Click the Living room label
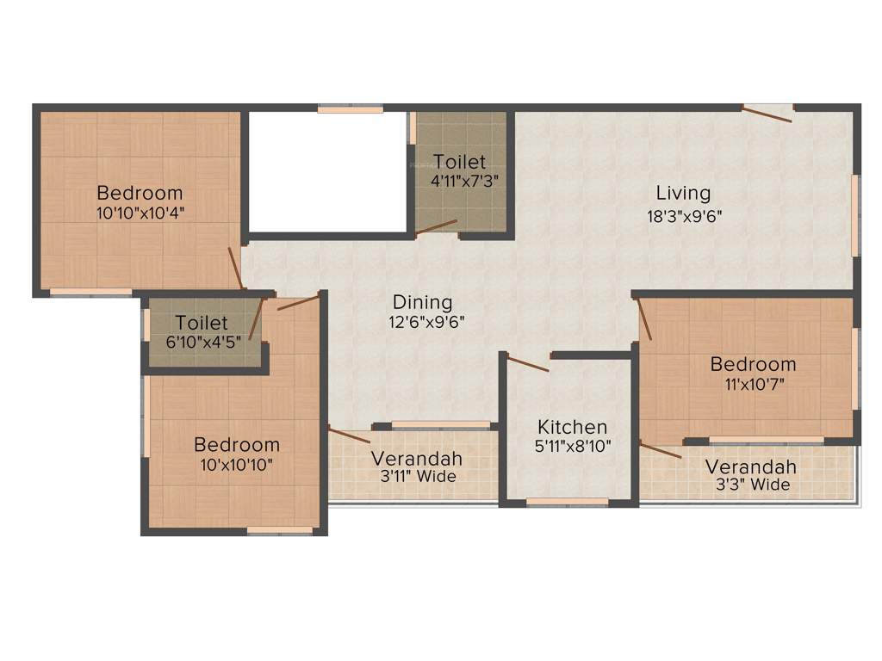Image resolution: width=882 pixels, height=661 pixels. [683, 193]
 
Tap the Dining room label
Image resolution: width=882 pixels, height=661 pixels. [422, 302]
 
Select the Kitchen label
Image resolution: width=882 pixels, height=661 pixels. [572, 427]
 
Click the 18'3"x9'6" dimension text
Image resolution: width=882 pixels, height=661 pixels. [684, 216]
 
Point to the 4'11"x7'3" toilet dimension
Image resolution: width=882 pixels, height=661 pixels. [465, 182]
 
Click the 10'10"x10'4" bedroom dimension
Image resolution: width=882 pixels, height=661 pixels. [140, 212]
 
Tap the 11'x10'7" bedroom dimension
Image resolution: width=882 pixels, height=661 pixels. [752, 384]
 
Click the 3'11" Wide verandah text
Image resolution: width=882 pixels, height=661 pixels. [416, 476]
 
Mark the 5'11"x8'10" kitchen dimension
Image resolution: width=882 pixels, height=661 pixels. [572, 448]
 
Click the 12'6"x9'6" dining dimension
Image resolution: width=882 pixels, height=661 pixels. [422, 323]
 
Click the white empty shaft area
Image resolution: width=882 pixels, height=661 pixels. [327, 170]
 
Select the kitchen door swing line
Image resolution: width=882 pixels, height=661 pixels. [527, 363]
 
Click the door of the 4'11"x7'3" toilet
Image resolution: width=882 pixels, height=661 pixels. [436, 226]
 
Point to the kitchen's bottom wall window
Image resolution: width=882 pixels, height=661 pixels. [568, 502]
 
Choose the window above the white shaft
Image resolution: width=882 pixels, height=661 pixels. [350, 109]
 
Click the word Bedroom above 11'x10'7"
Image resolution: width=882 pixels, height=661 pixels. [753, 364]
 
